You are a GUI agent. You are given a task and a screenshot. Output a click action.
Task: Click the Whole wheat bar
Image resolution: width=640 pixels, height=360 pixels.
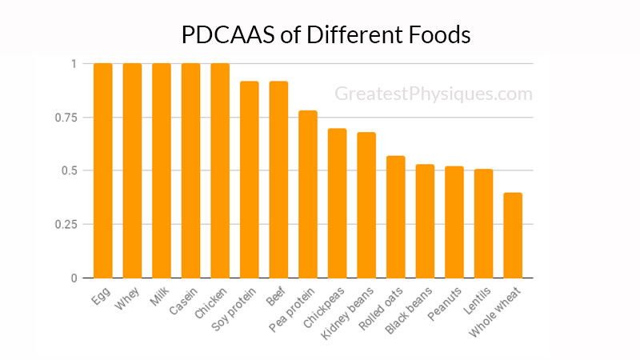point(513,235)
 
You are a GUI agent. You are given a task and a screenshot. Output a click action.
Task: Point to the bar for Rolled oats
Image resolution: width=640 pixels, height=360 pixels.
point(396,217)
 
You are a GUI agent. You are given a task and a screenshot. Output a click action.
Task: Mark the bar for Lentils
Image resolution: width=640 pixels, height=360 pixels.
point(484,223)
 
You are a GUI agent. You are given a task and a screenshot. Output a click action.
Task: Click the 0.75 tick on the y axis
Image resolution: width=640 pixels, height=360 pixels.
point(70,118)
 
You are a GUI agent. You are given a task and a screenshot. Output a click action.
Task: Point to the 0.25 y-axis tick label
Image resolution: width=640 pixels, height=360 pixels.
point(70,224)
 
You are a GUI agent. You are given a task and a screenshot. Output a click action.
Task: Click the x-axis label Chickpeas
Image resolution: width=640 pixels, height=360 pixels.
point(326,303)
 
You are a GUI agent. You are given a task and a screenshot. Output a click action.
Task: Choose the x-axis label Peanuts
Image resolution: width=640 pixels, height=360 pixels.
point(446,301)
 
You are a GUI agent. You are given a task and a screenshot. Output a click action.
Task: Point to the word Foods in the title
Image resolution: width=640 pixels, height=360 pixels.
point(439,36)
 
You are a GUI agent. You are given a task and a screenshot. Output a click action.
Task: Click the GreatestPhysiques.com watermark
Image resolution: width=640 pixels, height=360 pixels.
point(433,94)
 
